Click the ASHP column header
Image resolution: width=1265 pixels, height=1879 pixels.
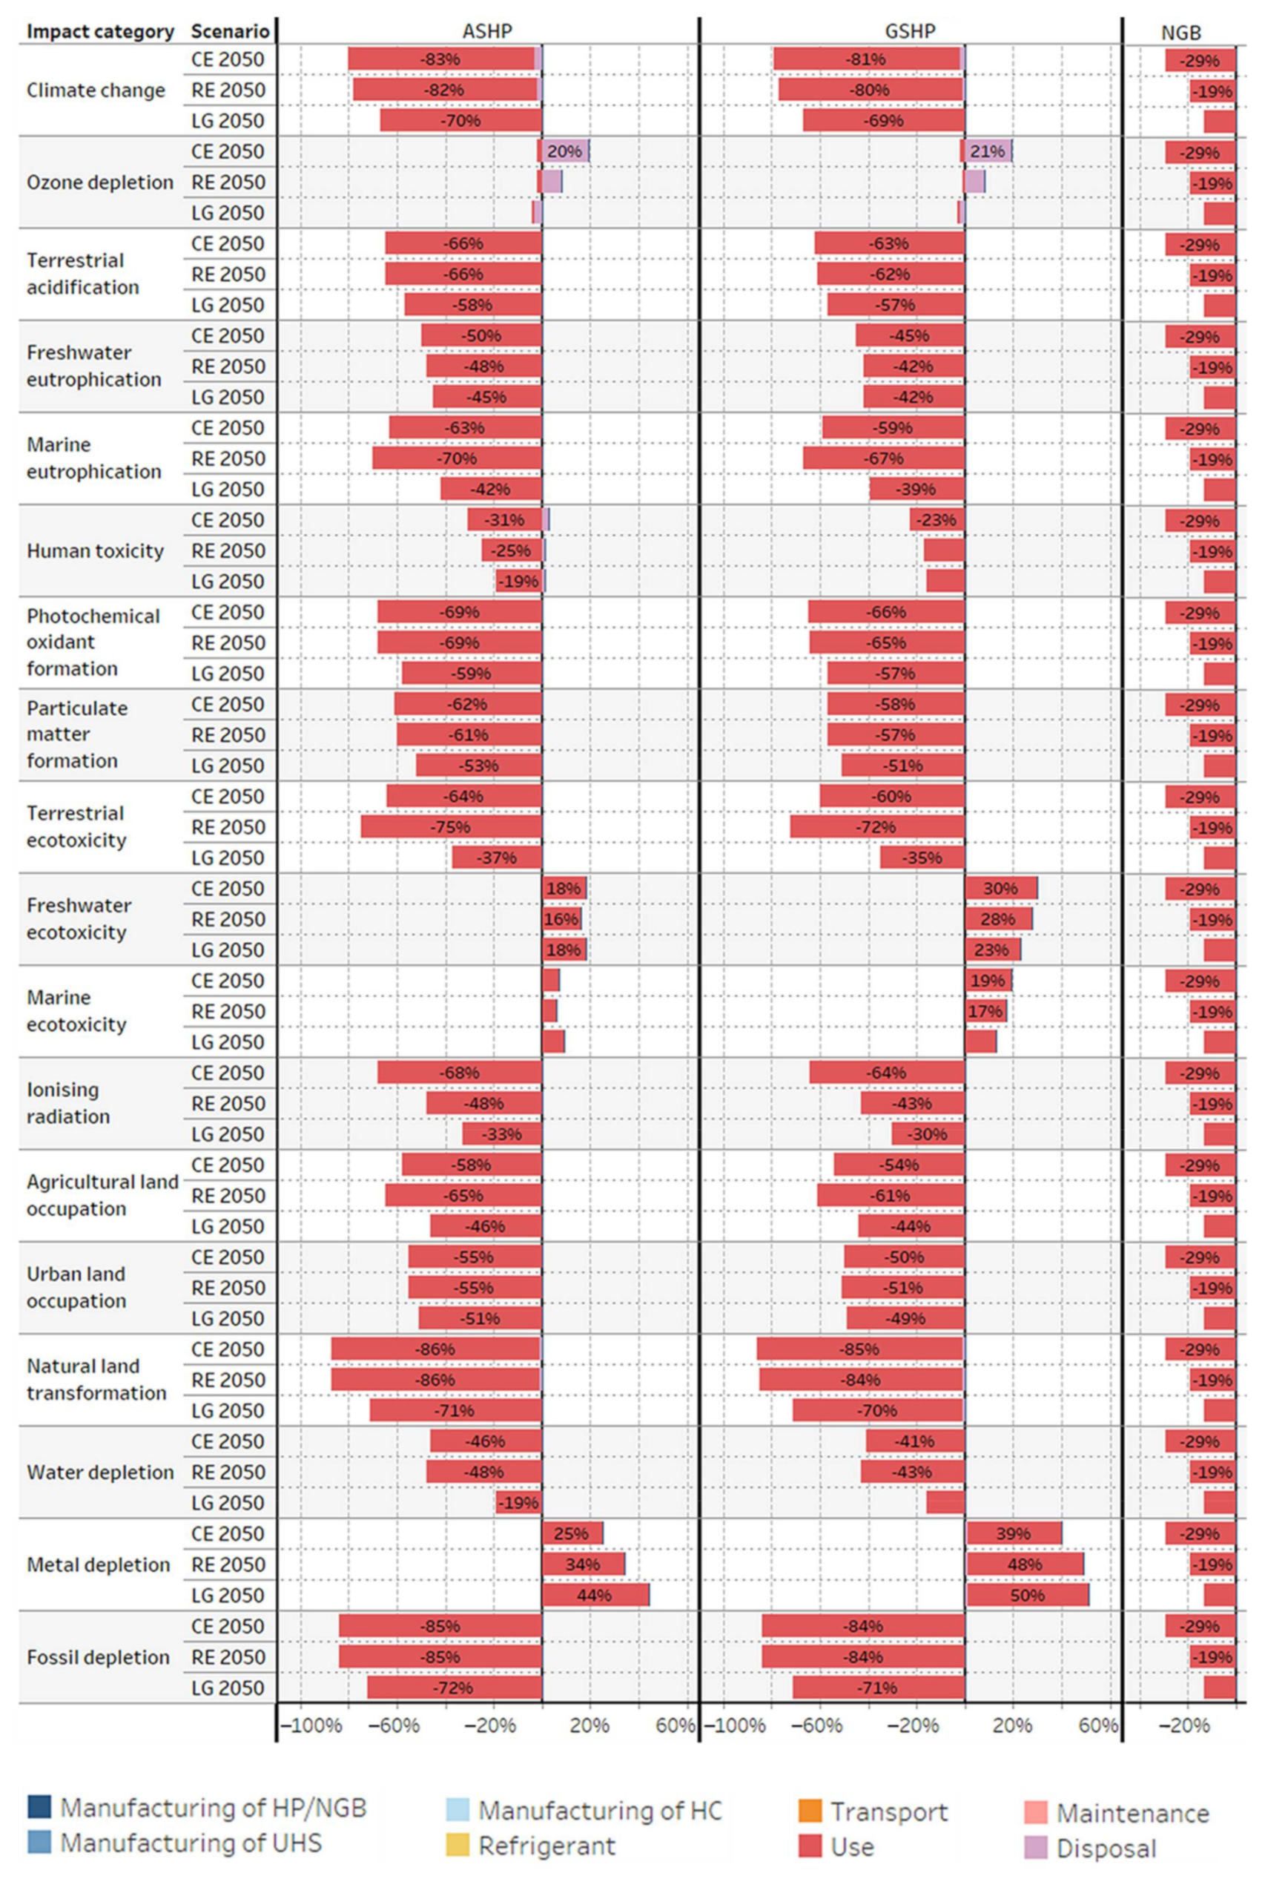click(486, 31)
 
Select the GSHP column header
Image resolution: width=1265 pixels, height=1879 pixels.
click(910, 31)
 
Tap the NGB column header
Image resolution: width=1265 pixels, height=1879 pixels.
click(1180, 33)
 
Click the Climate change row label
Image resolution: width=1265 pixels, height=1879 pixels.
click(96, 91)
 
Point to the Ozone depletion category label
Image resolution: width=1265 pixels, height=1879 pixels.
click(100, 182)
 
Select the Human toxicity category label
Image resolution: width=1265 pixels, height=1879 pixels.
click(95, 550)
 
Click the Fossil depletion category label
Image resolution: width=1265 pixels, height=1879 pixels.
click(99, 1657)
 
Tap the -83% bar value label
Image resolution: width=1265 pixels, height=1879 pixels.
click(440, 59)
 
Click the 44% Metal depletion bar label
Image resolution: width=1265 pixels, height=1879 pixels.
click(594, 1595)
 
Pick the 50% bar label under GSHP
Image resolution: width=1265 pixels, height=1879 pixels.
click(1027, 1595)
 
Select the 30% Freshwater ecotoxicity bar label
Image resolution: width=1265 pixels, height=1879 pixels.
click(1000, 889)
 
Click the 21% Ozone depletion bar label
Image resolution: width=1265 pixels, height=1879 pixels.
click(988, 152)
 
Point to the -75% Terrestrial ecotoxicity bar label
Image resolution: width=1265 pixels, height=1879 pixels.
click(450, 827)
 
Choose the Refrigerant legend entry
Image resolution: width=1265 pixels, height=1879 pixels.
click(546, 1845)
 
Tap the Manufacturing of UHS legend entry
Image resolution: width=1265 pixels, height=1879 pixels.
click(191, 1843)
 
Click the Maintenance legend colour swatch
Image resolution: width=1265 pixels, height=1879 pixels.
click(1036, 1813)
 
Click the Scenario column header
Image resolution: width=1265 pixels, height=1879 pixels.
click(229, 31)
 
